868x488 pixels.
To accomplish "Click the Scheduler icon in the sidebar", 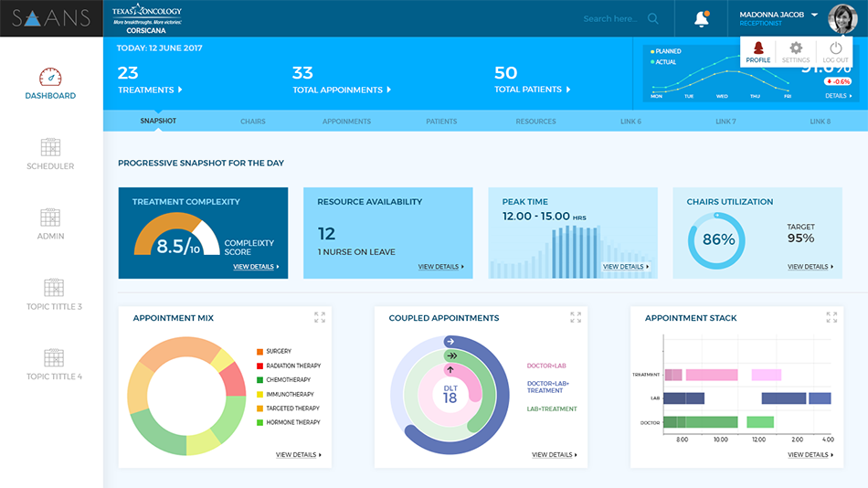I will pyautogui.click(x=50, y=147).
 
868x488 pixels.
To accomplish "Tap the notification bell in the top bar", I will pyautogui.click(x=702, y=18).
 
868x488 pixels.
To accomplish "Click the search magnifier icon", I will pyautogui.click(x=652, y=18).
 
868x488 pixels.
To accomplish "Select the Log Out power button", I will pyautogui.click(x=835, y=48).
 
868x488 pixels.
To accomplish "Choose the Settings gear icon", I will pyautogui.click(x=796, y=48).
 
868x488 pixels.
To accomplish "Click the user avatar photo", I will pyautogui.click(x=842, y=18).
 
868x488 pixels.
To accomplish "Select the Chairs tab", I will pyautogui.click(x=253, y=121).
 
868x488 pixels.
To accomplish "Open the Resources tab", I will pyautogui.click(x=535, y=121).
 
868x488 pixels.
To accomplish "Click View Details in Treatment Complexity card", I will pyautogui.click(x=255, y=267).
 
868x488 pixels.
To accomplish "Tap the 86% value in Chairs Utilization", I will pyautogui.click(x=718, y=240).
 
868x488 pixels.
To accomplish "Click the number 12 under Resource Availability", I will pyautogui.click(x=327, y=234).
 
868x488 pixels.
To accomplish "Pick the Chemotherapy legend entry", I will pyautogui.click(x=288, y=380).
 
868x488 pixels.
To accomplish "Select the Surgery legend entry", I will pyautogui.click(x=279, y=351).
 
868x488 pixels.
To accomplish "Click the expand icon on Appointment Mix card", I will pyautogui.click(x=320, y=317).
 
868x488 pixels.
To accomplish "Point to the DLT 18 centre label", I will pyautogui.click(x=450, y=394).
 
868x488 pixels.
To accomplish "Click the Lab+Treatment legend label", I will pyautogui.click(x=552, y=408).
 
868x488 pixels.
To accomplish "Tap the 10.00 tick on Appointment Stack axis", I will pyautogui.click(x=720, y=440).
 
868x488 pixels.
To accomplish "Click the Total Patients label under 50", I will pyautogui.click(x=530, y=90).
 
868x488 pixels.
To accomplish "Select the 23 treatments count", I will pyautogui.click(x=128, y=73).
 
